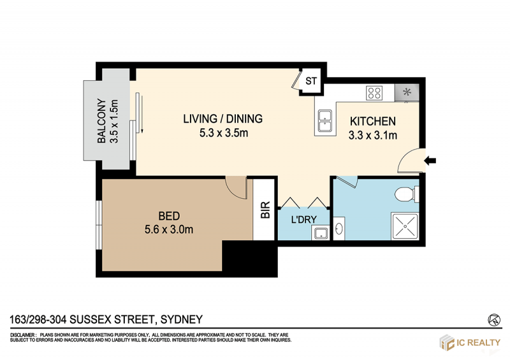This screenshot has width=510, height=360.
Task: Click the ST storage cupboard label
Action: click(311, 81)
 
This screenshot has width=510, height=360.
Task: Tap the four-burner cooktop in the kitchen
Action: click(374, 92)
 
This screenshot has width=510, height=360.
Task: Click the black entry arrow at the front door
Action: click(430, 161)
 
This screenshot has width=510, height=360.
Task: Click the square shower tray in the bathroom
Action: click(405, 226)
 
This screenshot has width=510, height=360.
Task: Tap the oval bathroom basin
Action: click(339, 229)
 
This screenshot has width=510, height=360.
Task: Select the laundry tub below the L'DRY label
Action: click(321, 233)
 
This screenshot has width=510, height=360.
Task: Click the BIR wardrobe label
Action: click(265, 210)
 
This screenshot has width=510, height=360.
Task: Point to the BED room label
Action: click(169, 216)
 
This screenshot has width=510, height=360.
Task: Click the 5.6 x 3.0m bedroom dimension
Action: click(169, 229)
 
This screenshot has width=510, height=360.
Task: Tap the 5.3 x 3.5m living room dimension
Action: click(224, 133)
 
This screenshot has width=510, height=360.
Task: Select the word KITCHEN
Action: click(373, 121)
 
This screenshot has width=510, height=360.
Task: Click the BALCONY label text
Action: click(102, 121)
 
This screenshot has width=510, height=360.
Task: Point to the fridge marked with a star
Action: click(407, 93)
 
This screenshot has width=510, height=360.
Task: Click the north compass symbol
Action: click(494, 320)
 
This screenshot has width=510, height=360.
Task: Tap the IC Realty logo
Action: click(470, 342)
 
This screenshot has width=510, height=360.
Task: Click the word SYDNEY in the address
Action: click(182, 319)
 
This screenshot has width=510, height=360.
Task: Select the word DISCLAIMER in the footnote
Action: click(23, 335)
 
